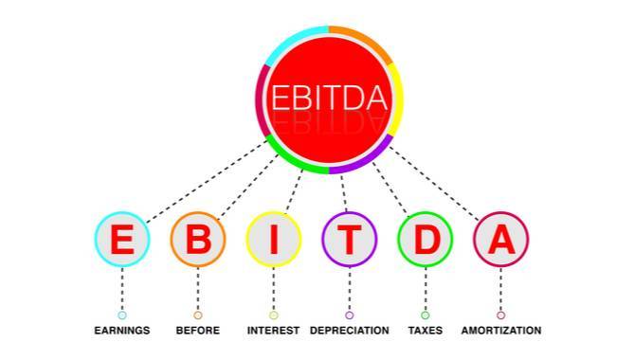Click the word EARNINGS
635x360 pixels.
point(122,331)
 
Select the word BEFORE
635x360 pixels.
point(198,331)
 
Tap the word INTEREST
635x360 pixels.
point(274,331)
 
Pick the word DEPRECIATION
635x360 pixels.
point(350,331)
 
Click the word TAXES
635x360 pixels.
point(425,331)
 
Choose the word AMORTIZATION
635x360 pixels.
point(501,331)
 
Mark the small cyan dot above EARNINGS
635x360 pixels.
point(122,315)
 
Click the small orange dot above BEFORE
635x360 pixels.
point(198,315)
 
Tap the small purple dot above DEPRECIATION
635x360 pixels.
point(350,315)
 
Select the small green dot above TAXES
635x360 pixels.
point(425,315)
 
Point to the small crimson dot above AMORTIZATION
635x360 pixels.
point(501,315)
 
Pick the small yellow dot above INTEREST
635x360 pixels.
point(274,315)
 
